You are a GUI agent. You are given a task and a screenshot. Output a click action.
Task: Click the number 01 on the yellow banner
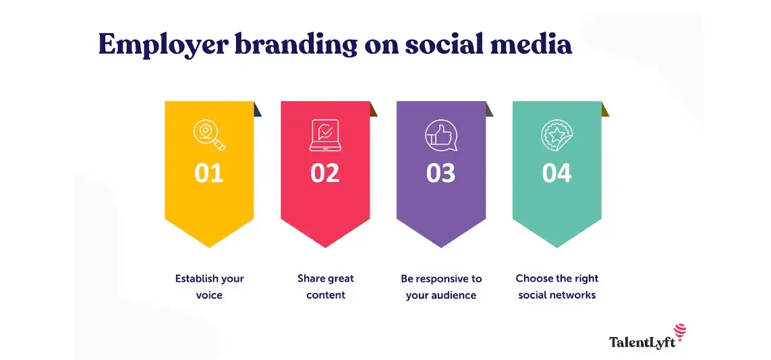(x=209, y=173)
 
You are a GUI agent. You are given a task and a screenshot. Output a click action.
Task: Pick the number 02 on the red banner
(x=325, y=173)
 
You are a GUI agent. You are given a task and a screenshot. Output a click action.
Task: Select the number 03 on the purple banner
(x=441, y=173)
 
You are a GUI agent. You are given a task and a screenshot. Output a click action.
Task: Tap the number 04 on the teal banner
(x=557, y=173)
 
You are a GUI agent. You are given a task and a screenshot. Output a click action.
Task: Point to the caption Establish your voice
(x=209, y=287)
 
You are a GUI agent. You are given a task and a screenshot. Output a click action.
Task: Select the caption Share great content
(x=325, y=287)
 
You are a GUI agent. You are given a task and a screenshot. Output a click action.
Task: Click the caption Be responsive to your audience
(x=441, y=287)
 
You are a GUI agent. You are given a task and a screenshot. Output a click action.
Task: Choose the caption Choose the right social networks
(x=557, y=287)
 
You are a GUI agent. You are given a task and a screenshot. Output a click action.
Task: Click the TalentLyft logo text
(x=641, y=342)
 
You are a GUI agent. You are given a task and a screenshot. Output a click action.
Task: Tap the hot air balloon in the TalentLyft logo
(x=680, y=332)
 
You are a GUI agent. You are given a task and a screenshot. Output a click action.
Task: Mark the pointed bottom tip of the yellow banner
(x=209, y=246)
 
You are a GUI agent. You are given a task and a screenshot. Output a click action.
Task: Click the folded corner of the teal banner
(x=605, y=109)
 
